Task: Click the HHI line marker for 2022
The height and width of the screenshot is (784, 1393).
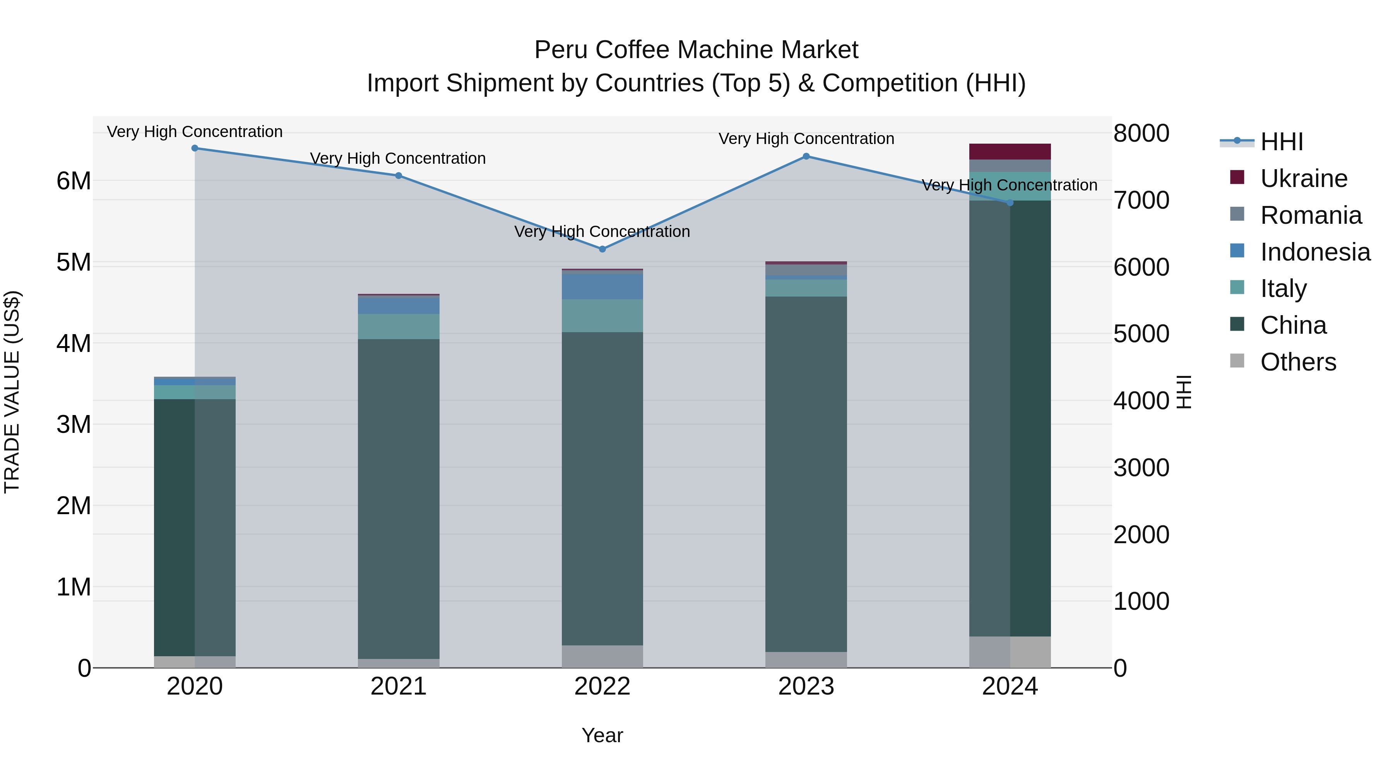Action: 602,249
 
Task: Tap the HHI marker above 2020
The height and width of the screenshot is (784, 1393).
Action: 195,148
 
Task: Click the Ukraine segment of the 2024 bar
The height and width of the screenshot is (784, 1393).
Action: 1010,151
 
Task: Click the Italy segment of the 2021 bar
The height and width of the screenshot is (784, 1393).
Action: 399,326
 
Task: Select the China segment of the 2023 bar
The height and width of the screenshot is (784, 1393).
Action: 806,473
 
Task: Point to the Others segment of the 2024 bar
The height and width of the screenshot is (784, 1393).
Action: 1010,652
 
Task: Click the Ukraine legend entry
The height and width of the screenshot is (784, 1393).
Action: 1303,178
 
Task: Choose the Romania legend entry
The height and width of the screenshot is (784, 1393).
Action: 1310,215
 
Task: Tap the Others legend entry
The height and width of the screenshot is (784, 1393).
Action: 1298,362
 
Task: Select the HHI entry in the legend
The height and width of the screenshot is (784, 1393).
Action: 1281,142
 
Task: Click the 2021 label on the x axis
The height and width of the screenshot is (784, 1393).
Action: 399,686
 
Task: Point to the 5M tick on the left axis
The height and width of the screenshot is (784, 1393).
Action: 74,262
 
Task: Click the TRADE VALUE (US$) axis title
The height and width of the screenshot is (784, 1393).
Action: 12,392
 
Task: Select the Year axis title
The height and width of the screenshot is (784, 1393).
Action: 602,735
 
